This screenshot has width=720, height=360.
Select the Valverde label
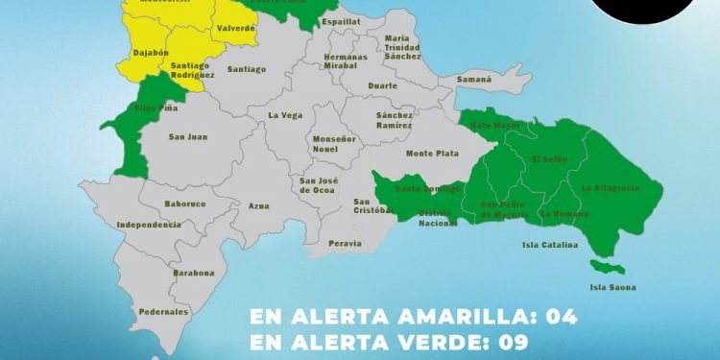[x=236, y=29]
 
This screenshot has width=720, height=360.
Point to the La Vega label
[x=285, y=116]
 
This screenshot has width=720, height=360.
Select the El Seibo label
[x=550, y=158]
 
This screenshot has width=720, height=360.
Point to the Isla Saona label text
[x=613, y=287]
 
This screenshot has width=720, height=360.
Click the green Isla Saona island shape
[x=608, y=266]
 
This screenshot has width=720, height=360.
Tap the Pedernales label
[x=162, y=312]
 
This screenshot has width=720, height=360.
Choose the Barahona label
[x=194, y=273]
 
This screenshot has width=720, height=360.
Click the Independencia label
[x=148, y=225]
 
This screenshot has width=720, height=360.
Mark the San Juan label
[x=187, y=136]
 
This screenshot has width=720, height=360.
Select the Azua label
[x=258, y=206]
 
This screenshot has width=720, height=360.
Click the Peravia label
[x=345, y=244]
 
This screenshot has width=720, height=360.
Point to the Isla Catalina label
[x=550, y=245]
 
